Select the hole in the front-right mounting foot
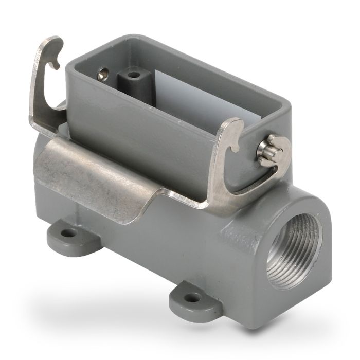pyautogui.click(x=193, y=297)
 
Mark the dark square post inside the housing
pyautogui.click(x=131, y=82)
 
